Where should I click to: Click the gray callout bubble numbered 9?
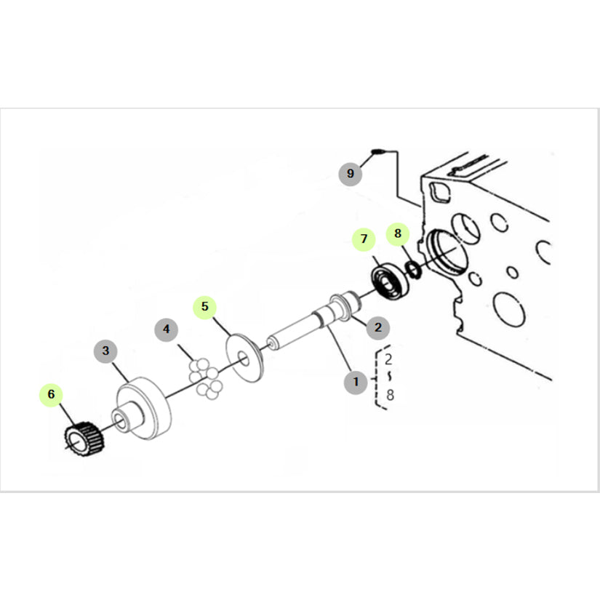point(350,174)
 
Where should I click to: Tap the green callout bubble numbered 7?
point(364,239)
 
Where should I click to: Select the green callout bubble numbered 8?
point(398,233)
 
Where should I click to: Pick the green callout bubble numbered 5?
point(204,307)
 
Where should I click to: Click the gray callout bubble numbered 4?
point(166,329)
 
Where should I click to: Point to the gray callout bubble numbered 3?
point(105,351)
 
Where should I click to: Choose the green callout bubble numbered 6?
point(52,394)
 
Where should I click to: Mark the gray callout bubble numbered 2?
point(378,327)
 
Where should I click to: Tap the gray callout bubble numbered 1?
point(356,382)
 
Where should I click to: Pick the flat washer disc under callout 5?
point(244,358)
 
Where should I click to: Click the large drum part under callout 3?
point(143,408)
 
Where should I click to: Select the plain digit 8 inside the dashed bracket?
point(390,394)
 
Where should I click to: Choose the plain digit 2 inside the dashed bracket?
point(388,359)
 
